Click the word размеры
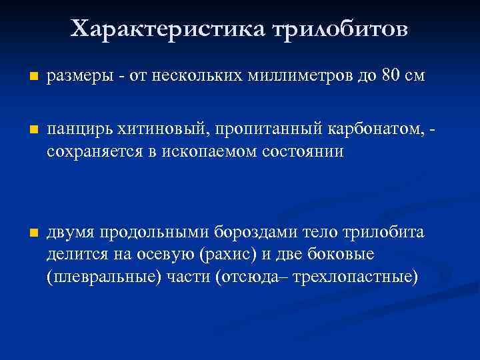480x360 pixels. click(x=74, y=76)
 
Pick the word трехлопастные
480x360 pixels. click(x=358, y=276)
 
